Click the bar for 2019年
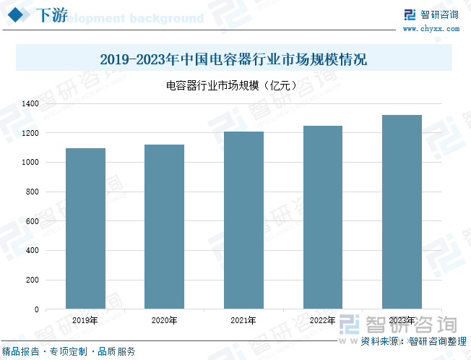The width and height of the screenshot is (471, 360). pyautogui.click(x=85, y=228)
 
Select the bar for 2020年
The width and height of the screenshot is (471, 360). pyautogui.click(x=164, y=226)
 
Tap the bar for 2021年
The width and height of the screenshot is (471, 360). pyautogui.click(x=243, y=220)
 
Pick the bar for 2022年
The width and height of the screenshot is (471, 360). pyautogui.click(x=323, y=217)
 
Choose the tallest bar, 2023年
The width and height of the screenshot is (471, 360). pyautogui.click(x=402, y=212)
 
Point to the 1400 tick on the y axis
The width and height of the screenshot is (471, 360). pyautogui.click(x=30, y=103)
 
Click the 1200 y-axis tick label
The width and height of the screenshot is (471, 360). pyautogui.click(x=30, y=133)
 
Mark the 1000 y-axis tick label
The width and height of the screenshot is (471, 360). pyautogui.click(x=30, y=163)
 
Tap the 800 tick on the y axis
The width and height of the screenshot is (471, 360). pyautogui.click(x=32, y=192)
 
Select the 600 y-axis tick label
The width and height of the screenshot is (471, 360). pyautogui.click(x=32, y=221)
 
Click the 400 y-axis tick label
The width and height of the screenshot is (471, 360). pyautogui.click(x=32, y=251)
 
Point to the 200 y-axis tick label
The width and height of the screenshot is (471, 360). pyautogui.click(x=32, y=280)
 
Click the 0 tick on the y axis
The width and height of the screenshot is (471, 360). pyautogui.click(x=36, y=310)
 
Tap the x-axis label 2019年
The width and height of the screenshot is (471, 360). pyautogui.click(x=85, y=320)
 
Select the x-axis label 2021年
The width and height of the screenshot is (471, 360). pyautogui.click(x=243, y=320)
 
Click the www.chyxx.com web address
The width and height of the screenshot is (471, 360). pyautogui.click(x=431, y=29)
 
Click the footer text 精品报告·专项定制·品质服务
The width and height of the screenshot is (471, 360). pyautogui.click(x=69, y=351)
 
